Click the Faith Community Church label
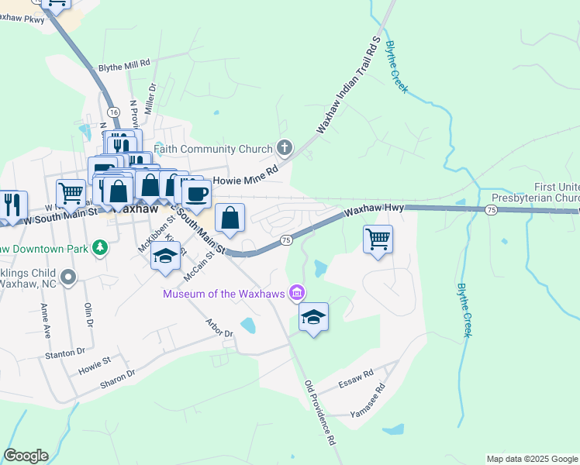(x=213, y=149)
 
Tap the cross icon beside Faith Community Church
(x=285, y=148)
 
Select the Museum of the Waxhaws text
(x=223, y=293)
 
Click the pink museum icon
(x=296, y=292)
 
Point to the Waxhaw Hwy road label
(x=374, y=210)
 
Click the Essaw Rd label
(x=357, y=379)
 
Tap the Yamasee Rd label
(x=369, y=401)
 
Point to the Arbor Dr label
(x=219, y=327)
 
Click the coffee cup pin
(x=197, y=194)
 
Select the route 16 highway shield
(x=113, y=112)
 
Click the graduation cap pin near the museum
(x=313, y=317)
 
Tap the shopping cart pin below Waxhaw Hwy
(x=378, y=239)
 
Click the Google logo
(x=26, y=456)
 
